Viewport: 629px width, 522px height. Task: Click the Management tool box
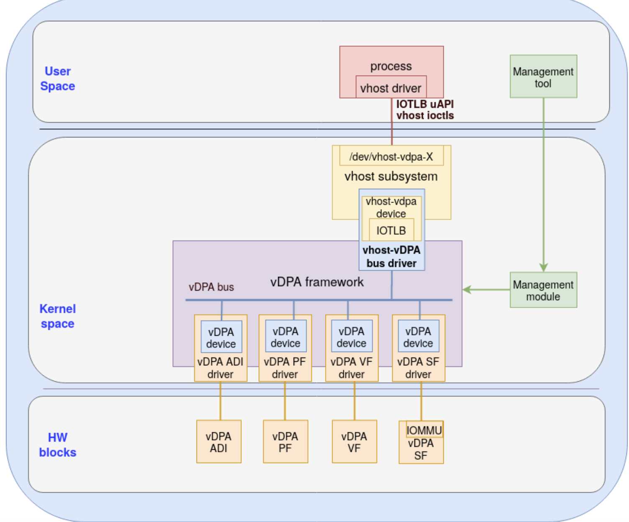(543, 77)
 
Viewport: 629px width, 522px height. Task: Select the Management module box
(543, 290)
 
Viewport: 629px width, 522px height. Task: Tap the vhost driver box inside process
(391, 88)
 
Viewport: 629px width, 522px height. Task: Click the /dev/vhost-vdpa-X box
(391, 157)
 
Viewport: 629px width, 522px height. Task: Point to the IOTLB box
(391, 231)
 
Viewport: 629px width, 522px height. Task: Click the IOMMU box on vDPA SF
(424, 430)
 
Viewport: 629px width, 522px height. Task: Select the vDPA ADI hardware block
(219, 442)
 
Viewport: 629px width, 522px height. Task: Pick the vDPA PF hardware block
(285, 442)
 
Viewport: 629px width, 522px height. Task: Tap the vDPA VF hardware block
(354, 442)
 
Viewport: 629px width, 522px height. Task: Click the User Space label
(58, 79)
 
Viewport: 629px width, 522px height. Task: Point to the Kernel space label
(58, 316)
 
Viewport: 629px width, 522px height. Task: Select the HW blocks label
(58, 445)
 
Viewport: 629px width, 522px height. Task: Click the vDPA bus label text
(211, 287)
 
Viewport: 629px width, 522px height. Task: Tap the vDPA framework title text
(317, 282)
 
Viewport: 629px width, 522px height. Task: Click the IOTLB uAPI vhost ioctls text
(424, 110)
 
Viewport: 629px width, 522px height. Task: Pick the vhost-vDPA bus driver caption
(391, 256)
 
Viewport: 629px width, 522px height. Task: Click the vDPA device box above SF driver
(418, 337)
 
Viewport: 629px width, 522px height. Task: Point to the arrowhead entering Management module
(543, 267)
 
